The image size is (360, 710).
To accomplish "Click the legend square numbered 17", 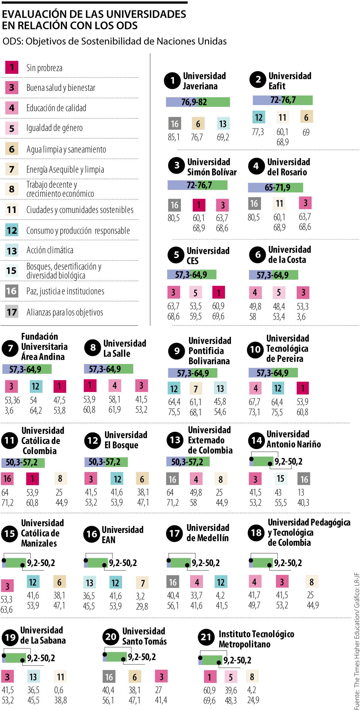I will point(12,312).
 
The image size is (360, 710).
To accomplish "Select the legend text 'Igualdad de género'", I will point(54,128).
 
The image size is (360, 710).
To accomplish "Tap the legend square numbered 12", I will point(12,230).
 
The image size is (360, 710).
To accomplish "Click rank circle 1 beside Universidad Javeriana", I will point(172,80).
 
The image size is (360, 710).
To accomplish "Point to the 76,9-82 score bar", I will point(198,102).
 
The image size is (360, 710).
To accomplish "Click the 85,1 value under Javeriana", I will point(174,137).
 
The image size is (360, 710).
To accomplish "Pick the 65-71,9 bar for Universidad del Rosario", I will point(275,188).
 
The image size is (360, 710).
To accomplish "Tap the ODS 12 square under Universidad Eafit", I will point(259,117).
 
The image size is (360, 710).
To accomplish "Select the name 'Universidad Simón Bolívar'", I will point(212,167).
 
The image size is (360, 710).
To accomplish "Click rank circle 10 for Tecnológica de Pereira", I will point(255,349).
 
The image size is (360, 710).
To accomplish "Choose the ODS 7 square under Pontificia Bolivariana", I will point(196,389).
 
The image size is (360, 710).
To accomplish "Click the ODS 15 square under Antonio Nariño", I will point(280,479).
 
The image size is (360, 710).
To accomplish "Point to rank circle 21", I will point(206,637).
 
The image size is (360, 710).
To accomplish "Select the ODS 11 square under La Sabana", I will point(61,677).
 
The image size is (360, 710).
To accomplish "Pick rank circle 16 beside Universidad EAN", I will point(92,534).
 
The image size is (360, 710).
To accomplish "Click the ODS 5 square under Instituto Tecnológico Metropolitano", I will point(231,677).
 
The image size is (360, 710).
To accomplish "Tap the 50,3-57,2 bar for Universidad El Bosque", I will point(106,462).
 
